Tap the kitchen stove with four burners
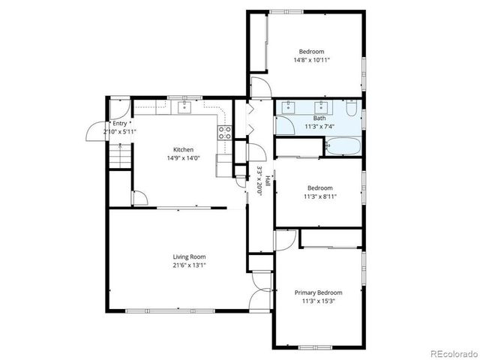click(223, 133)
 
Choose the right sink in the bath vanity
click(322, 107)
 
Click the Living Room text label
click(178, 256)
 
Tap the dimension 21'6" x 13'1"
click(178, 265)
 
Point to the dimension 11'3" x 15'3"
click(319, 301)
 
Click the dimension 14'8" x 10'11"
click(311, 59)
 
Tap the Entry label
click(119, 124)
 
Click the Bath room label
click(319, 118)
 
